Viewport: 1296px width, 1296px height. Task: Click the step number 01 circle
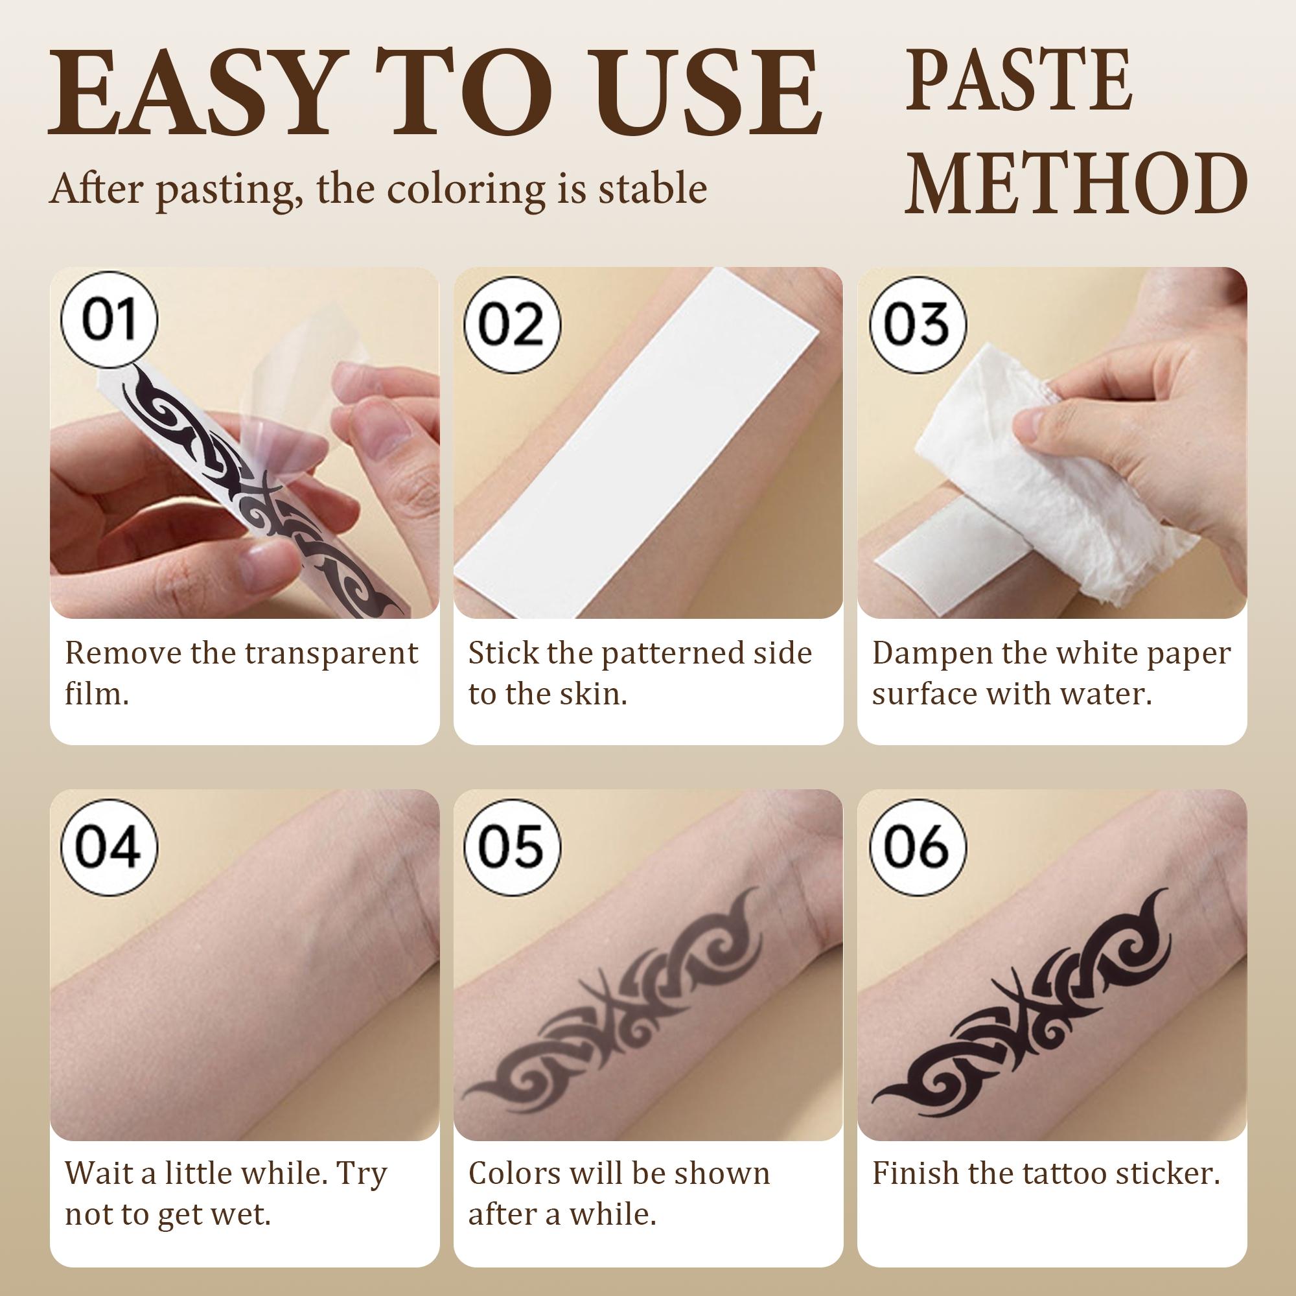coord(110,321)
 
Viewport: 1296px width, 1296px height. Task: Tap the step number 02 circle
coord(513,324)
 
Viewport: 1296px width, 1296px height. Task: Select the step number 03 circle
coord(917,324)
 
